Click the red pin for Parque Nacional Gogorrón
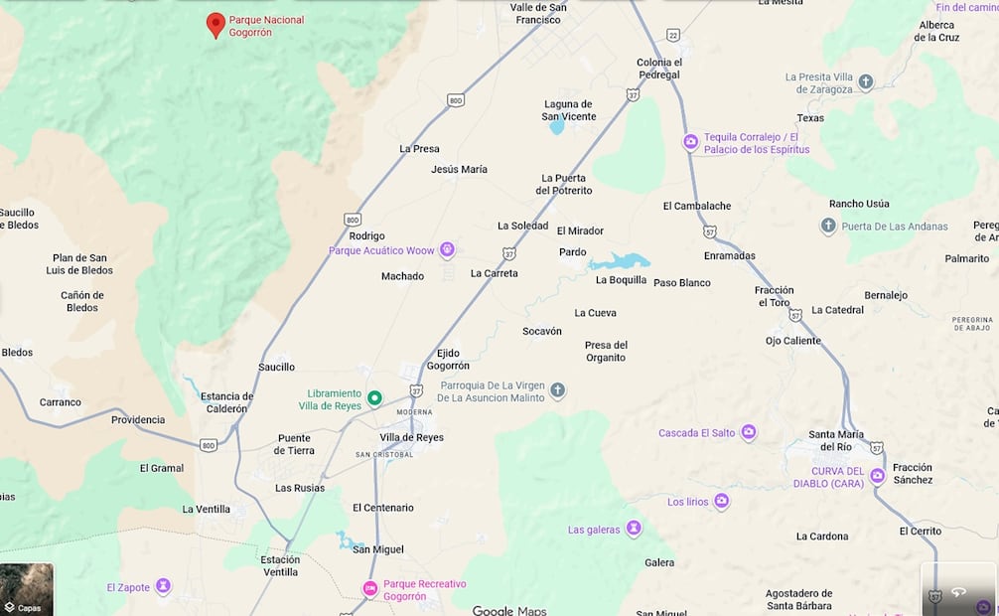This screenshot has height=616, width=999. [215, 24]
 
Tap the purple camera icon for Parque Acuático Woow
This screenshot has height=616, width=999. [447, 249]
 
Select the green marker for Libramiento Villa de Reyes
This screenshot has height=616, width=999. [374, 398]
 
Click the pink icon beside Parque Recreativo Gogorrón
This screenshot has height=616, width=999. [369, 589]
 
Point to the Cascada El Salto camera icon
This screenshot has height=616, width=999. [749, 432]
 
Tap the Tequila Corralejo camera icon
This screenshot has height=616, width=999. [690, 142]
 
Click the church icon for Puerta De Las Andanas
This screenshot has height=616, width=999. [828, 227]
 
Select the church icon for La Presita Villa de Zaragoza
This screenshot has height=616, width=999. [866, 82]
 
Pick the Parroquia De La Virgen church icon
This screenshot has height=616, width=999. [558, 390]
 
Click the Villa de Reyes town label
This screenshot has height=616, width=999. [411, 437]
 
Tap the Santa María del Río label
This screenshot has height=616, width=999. [835, 440]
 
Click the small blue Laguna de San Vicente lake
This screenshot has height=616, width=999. [557, 127]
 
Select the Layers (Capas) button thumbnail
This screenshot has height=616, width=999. [27, 589]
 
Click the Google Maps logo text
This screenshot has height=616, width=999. [508, 610]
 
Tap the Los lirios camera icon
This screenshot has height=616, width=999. [722, 502]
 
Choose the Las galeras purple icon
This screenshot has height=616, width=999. [634, 529]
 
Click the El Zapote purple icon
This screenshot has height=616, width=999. [164, 586]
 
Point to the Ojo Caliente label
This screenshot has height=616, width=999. [792, 341]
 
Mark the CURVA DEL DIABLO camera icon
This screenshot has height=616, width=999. [878, 476]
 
